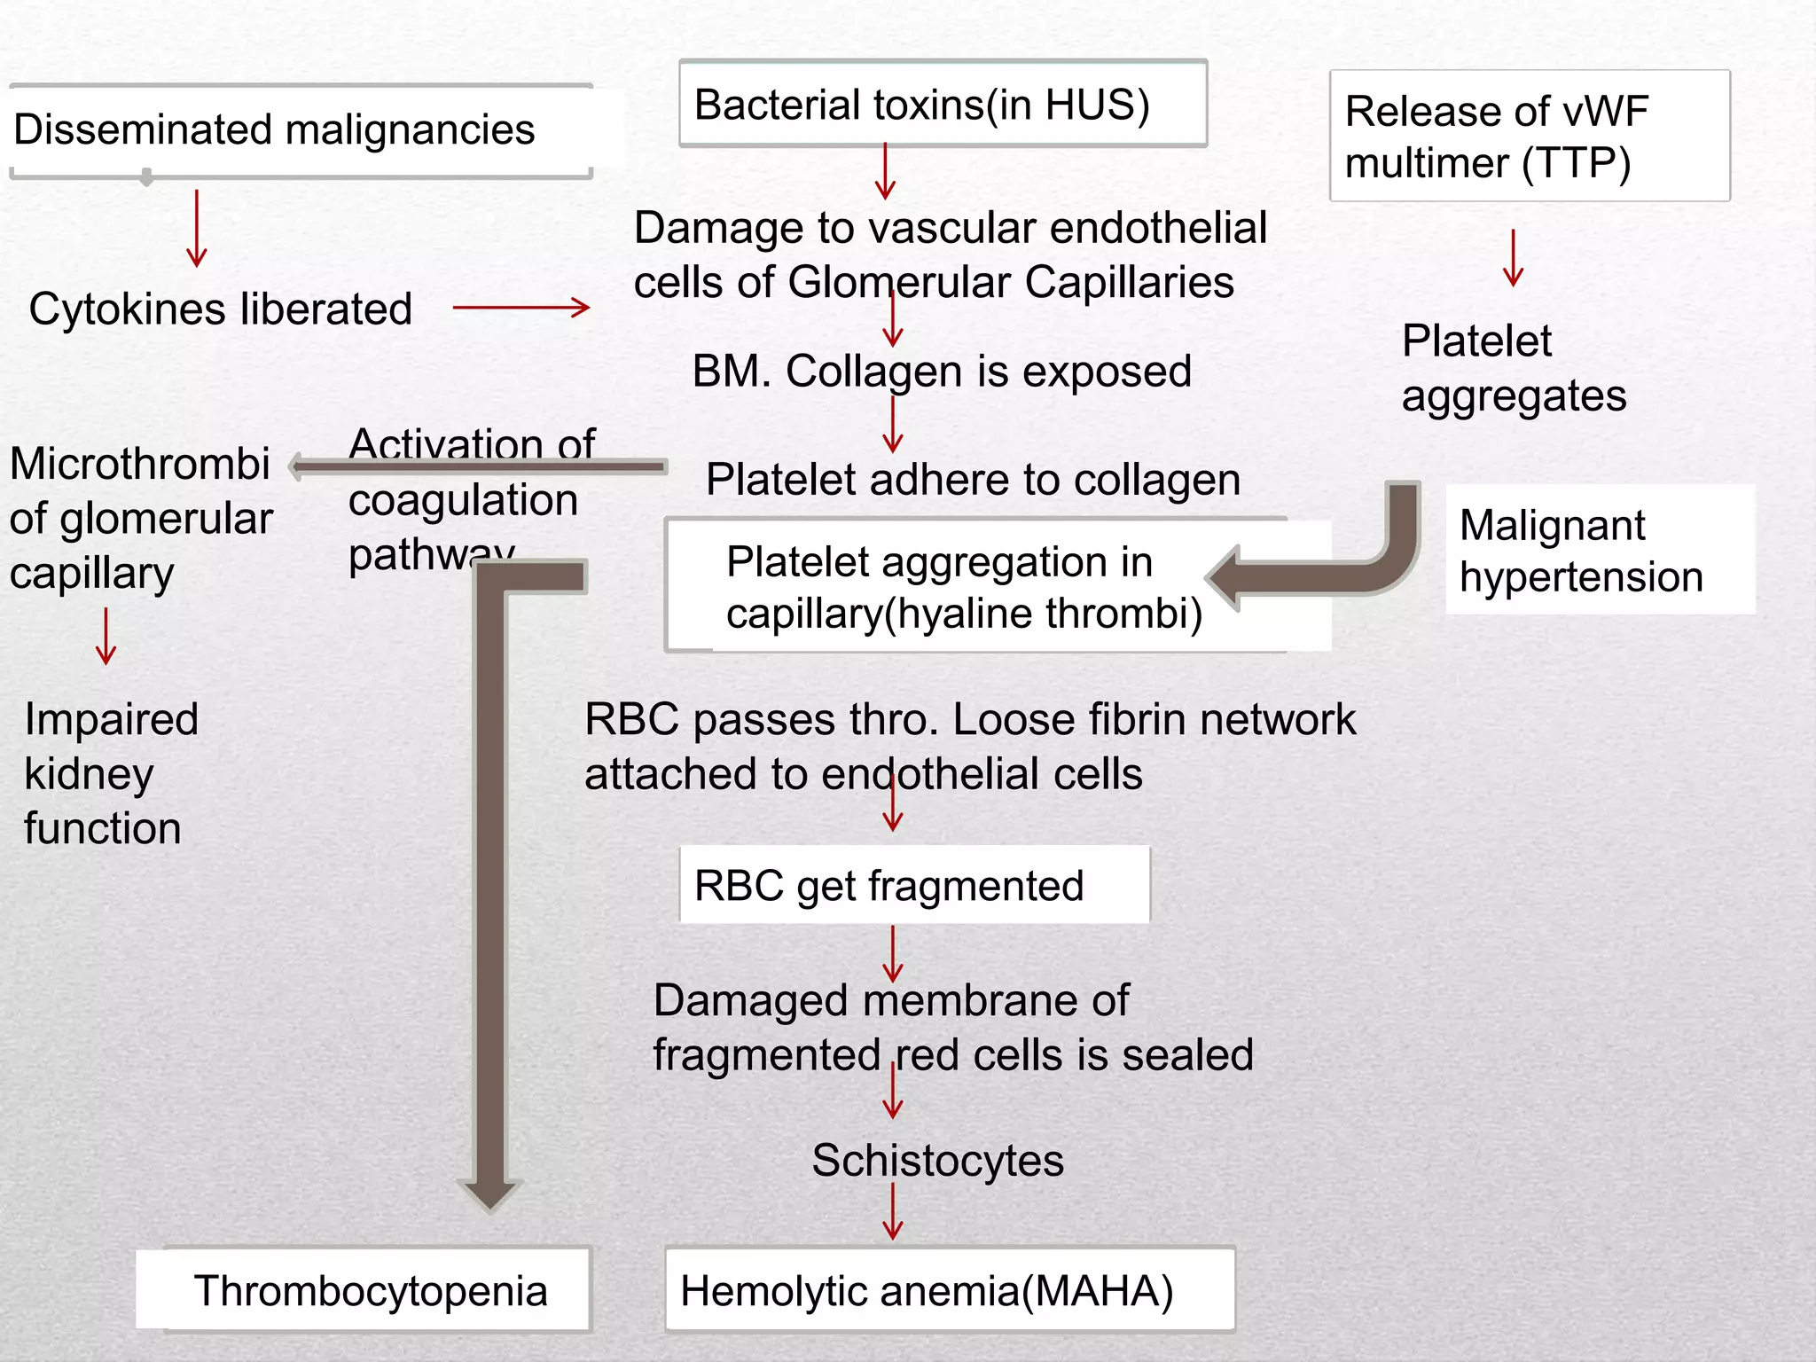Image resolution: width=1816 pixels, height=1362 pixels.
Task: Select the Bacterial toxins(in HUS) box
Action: (x=942, y=105)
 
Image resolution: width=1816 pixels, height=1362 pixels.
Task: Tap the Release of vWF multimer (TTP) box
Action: (x=1529, y=137)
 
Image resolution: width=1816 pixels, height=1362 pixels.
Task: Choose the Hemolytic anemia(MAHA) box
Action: (x=949, y=1290)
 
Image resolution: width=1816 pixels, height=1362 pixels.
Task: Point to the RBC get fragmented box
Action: (x=913, y=885)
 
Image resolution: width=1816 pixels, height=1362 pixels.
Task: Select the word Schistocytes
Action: (x=937, y=1160)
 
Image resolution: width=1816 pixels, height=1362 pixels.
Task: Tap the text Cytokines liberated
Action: (x=220, y=309)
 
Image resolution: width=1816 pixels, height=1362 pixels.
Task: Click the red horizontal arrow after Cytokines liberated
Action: (x=521, y=308)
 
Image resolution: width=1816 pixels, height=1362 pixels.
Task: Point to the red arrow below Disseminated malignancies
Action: (x=197, y=228)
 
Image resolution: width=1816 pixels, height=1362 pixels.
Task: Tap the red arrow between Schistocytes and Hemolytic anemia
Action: (x=893, y=1211)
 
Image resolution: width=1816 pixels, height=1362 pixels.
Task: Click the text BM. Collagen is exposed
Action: (x=942, y=371)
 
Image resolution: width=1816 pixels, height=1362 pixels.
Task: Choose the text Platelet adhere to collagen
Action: (x=973, y=480)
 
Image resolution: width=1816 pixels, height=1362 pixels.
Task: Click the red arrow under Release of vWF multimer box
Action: (x=1514, y=258)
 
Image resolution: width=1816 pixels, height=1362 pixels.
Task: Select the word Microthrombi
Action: (x=140, y=463)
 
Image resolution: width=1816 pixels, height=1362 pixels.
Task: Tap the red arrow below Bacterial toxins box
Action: (x=885, y=171)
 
